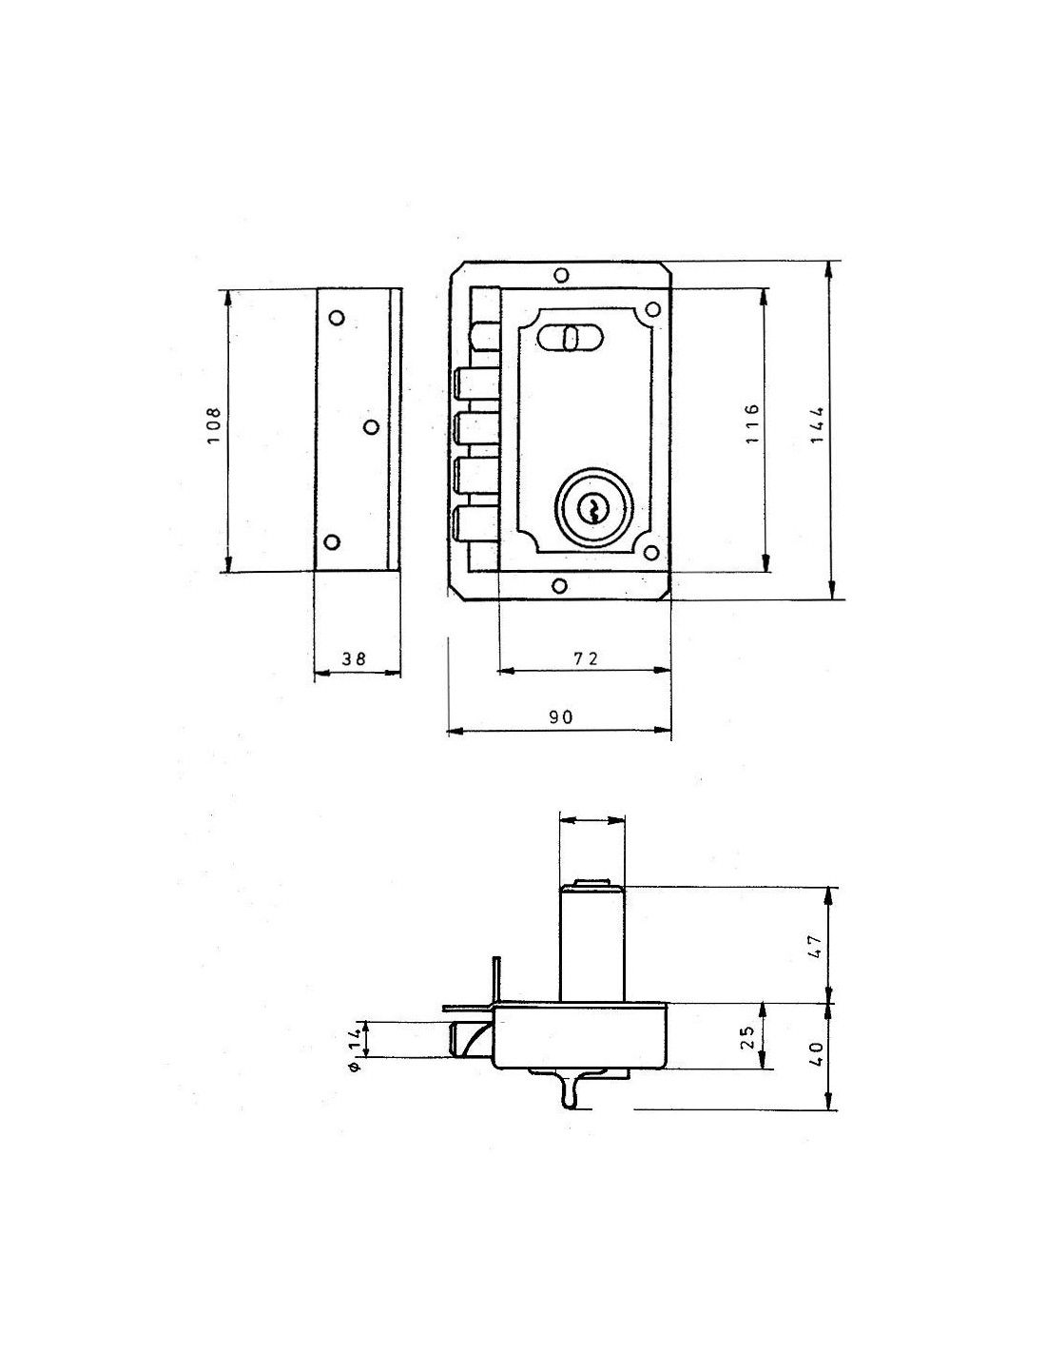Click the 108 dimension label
pyautogui.click(x=213, y=425)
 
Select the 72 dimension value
pyautogui.click(x=584, y=657)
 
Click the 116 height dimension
pyautogui.click(x=751, y=423)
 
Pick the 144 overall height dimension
pyautogui.click(x=817, y=424)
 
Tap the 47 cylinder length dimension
pyautogui.click(x=817, y=946)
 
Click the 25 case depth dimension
pyautogui.click(x=748, y=1037)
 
